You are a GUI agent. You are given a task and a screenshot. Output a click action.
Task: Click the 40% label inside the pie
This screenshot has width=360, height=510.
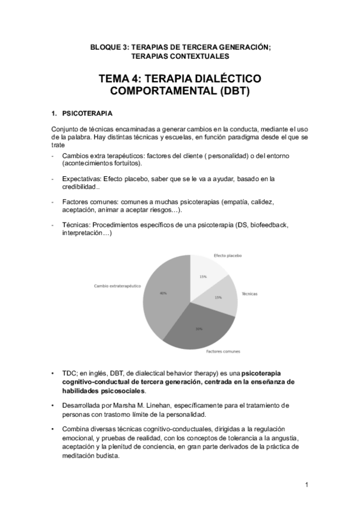[163, 293]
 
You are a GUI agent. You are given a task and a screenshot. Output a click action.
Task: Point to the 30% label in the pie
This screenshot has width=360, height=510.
[198, 329]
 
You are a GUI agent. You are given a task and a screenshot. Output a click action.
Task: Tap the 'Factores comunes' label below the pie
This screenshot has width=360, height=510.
[223, 351]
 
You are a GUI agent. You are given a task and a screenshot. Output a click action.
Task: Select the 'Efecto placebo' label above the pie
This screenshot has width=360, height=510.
[228, 256]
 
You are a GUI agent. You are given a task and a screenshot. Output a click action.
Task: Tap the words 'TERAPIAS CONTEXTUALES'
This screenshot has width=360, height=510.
[180, 56]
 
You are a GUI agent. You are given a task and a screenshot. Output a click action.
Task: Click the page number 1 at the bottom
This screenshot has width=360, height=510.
[307, 485]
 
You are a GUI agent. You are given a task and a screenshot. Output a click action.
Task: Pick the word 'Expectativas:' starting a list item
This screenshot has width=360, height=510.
[82, 179]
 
